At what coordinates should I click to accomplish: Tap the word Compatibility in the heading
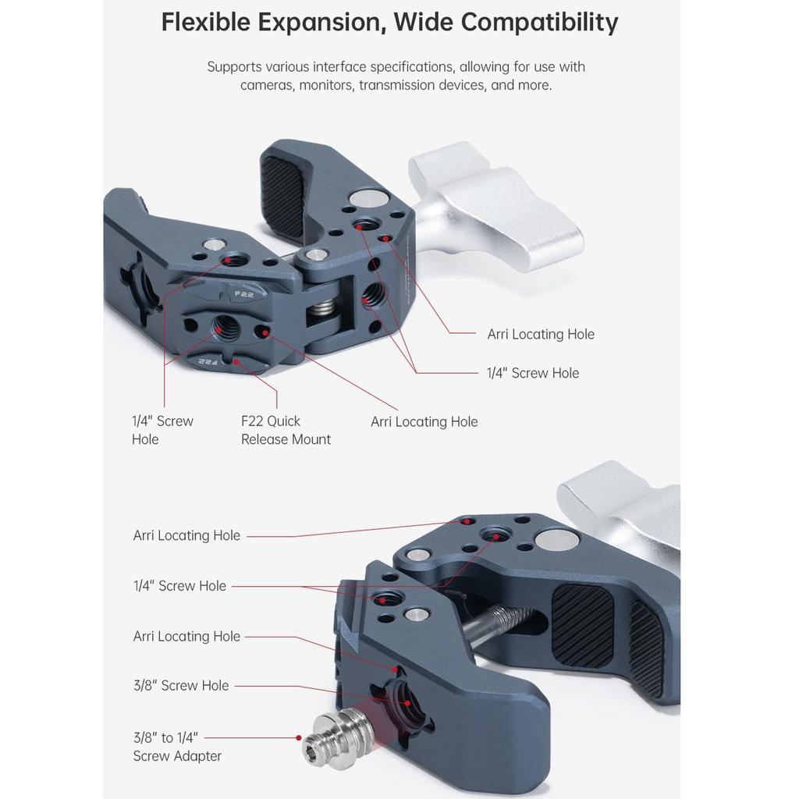[539, 23]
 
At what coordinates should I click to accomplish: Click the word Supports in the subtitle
[234, 67]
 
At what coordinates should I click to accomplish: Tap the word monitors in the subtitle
[326, 85]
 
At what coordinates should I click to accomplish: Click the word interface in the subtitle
[336, 67]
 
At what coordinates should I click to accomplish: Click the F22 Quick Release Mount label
[286, 430]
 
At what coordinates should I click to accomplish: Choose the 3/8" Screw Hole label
[181, 686]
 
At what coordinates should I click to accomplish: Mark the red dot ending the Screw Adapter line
[298, 737]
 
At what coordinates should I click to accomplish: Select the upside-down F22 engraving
[208, 361]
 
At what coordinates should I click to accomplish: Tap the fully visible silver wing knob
[492, 205]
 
